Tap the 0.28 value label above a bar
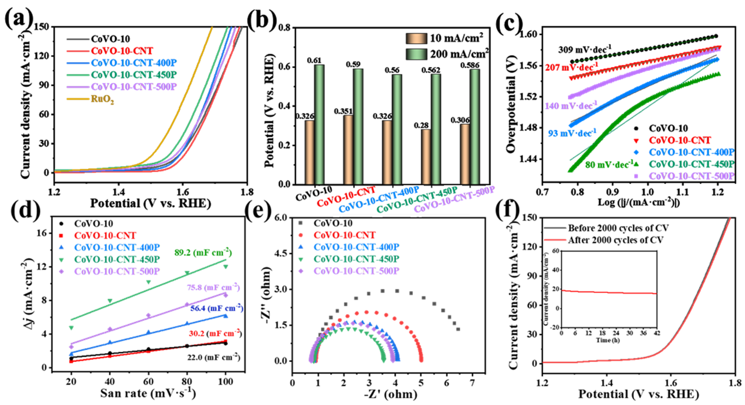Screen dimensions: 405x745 pyautogui.click(x=421, y=126)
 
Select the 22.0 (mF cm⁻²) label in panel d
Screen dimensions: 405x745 pyautogui.click(x=213, y=358)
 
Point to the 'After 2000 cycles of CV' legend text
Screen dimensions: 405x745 pyautogui.click(x=615, y=240)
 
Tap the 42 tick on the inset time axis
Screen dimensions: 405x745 pyautogui.click(x=657, y=333)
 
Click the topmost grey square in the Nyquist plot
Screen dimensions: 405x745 pyautogui.click(x=383, y=291)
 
